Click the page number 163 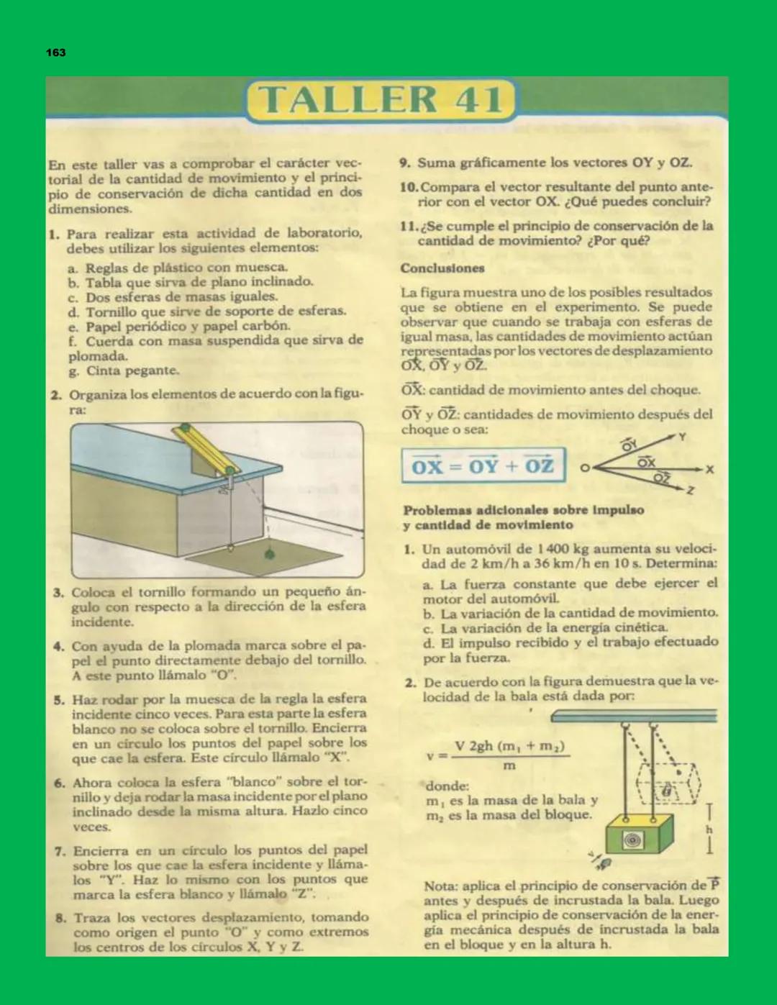(x=55, y=53)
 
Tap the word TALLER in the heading (x=348, y=100)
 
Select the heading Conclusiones (x=442, y=268)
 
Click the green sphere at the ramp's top (x=186, y=428)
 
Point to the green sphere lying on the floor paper (x=270, y=554)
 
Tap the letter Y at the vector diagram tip (x=682, y=437)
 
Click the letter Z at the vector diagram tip (x=690, y=491)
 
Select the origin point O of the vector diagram (x=585, y=468)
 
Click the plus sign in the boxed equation (x=511, y=466)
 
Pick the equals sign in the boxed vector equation (x=456, y=466)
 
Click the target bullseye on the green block (x=632, y=840)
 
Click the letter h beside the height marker (x=709, y=829)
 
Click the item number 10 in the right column (x=409, y=187)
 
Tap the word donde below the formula (x=447, y=786)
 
